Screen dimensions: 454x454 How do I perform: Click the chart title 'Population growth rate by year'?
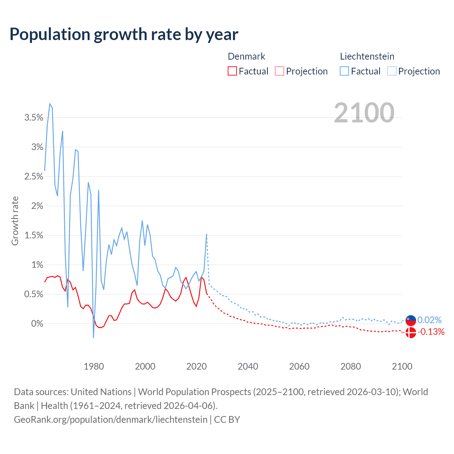[124, 34]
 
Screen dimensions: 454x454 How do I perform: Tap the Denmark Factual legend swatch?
[232, 71]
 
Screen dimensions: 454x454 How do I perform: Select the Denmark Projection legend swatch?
[279, 71]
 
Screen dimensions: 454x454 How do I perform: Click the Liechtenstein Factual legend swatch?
[344, 71]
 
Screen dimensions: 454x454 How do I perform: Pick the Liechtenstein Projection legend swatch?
[392, 71]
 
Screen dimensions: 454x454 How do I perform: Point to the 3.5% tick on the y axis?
[34, 118]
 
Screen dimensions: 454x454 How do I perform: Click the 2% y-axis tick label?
[37, 206]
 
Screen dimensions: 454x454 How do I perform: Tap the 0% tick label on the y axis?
[37, 324]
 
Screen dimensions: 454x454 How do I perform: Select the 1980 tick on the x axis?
[94, 366]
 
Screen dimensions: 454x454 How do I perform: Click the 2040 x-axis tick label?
[248, 366]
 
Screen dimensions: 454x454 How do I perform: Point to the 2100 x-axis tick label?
[402, 366]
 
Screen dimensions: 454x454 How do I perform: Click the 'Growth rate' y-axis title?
[15, 221]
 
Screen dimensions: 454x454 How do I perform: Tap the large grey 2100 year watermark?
[364, 113]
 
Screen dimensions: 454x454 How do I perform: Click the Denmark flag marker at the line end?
[410, 333]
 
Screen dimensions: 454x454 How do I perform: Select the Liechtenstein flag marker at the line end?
[410, 320]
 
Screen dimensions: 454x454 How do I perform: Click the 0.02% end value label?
[430, 320]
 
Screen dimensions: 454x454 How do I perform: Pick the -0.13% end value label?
[431, 332]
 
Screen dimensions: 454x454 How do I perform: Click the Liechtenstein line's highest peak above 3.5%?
[50, 104]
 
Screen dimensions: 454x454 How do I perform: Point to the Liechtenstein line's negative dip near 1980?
[93, 337]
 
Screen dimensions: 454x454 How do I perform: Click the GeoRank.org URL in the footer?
[111, 420]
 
